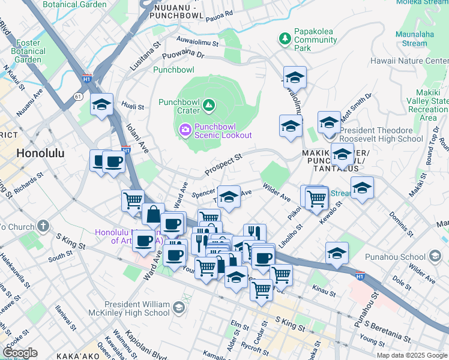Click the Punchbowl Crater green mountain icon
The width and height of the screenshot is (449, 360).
coord(209,106)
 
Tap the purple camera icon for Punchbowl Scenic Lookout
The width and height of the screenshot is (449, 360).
coord(185,129)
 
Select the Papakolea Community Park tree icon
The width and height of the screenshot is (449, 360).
coord(285,39)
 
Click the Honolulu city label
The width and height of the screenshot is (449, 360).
coord(40,152)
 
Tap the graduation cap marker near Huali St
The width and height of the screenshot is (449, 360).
coord(102,105)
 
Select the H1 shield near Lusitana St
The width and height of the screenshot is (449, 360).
coord(88,78)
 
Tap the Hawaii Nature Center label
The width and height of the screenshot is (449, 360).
coord(417,61)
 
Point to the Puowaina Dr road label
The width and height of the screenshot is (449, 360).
coord(187,55)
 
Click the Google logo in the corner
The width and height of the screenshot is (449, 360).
coord(20,352)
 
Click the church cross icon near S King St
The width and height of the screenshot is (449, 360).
coord(43,226)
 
